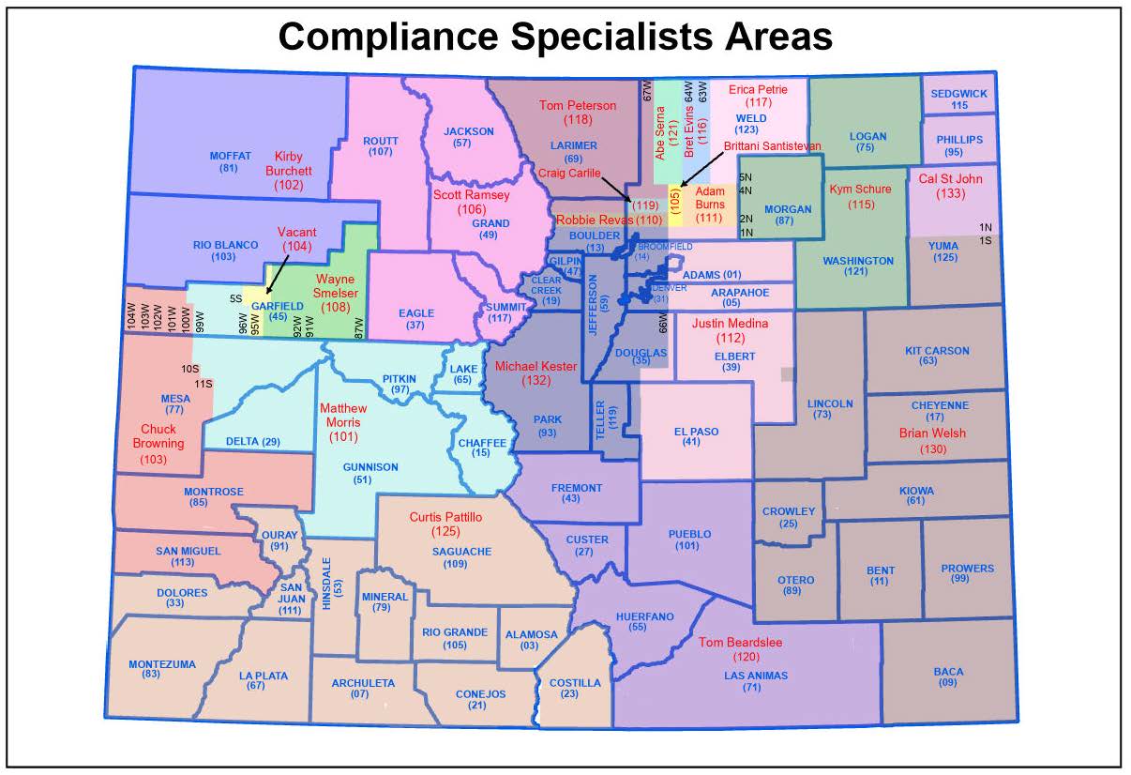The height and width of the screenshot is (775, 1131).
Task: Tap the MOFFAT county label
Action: click(x=230, y=156)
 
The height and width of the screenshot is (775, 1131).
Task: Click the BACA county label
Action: click(x=947, y=672)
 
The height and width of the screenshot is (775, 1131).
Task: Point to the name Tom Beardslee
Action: click(x=740, y=643)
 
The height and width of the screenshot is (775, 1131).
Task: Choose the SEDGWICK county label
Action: click(x=959, y=94)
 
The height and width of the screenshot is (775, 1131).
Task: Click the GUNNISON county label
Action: click(x=370, y=467)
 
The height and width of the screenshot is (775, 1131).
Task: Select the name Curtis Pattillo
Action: click(x=445, y=517)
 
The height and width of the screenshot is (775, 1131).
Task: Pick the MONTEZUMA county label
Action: click(x=162, y=664)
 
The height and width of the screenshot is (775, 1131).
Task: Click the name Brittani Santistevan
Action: click(x=772, y=146)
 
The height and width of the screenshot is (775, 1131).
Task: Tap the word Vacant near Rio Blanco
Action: click(x=297, y=232)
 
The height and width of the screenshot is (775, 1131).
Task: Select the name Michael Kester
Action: click(x=536, y=366)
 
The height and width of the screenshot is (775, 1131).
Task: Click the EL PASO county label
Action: click(x=696, y=432)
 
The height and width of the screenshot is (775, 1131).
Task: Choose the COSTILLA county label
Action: click(x=575, y=683)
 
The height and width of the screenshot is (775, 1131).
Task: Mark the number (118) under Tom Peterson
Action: click(x=578, y=121)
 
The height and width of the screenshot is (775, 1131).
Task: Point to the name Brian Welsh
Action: click(x=932, y=433)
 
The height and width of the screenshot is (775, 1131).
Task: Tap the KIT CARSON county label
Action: click(x=937, y=351)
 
